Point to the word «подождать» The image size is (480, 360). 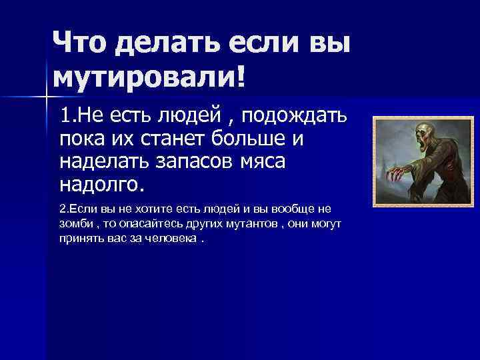[294, 119]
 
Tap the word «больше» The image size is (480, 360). [256, 140]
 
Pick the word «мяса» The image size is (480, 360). [267, 161]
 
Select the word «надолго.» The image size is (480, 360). [101, 183]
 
